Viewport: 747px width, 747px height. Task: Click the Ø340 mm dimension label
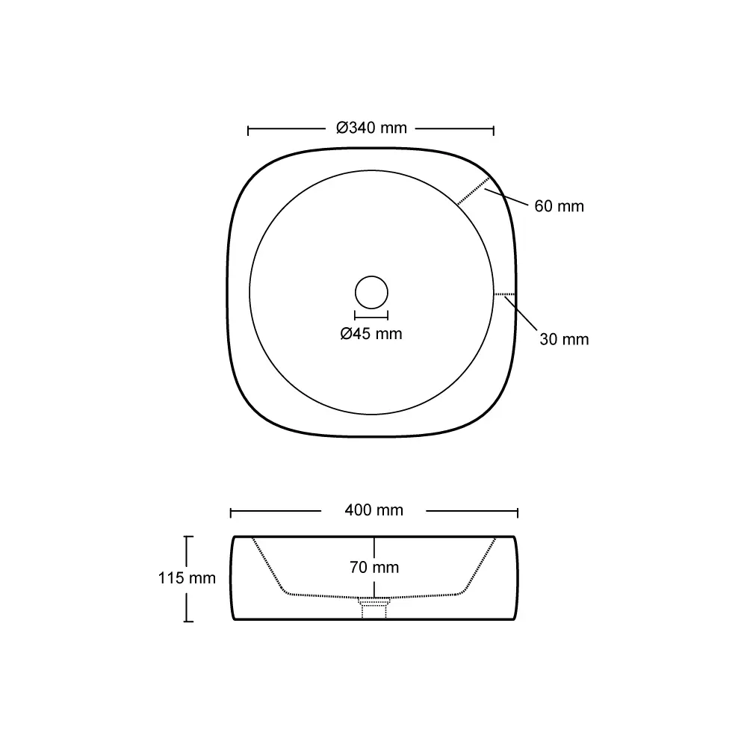pyautogui.click(x=371, y=128)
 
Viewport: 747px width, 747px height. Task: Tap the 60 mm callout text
pyautogui.click(x=559, y=206)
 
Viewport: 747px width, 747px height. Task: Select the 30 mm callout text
pyautogui.click(x=564, y=339)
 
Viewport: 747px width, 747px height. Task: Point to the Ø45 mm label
pyautogui.click(x=371, y=333)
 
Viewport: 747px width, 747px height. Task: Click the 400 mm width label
pyautogui.click(x=374, y=510)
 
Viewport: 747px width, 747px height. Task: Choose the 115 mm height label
pyautogui.click(x=187, y=578)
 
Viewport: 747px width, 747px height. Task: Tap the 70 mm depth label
pyautogui.click(x=374, y=567)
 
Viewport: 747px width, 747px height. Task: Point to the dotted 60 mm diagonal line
pyautogui.click(x=474, y=190)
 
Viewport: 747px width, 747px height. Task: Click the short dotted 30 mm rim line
pyautogui.click(x=504, y=294)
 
